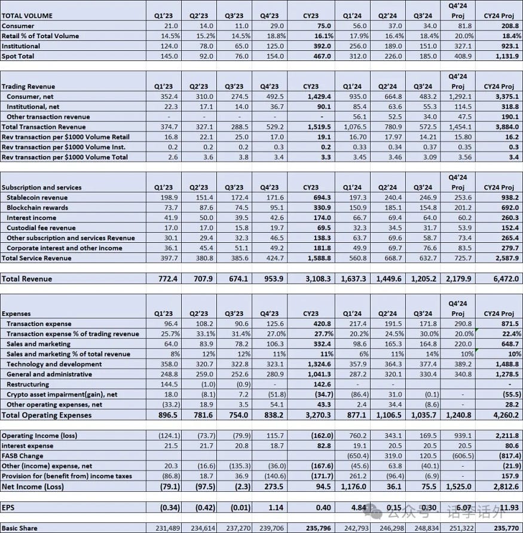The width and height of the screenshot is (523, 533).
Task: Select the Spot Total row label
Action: pos(18,56)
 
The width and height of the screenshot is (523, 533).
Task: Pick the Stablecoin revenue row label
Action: pos(37,197)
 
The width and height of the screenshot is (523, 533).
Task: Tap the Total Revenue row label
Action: pos(27,279)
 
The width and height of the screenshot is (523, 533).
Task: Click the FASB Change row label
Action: pos(23,456)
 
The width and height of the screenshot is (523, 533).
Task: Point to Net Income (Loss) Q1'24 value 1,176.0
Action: pos(353,487)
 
